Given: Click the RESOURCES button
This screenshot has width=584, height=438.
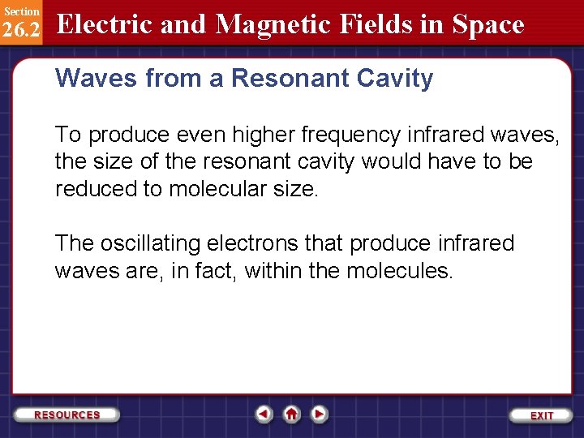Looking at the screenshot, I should coord(67,414).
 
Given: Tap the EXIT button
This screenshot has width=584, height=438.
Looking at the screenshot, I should coord(541,415).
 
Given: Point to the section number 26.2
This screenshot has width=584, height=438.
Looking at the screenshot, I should coord(21,30).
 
